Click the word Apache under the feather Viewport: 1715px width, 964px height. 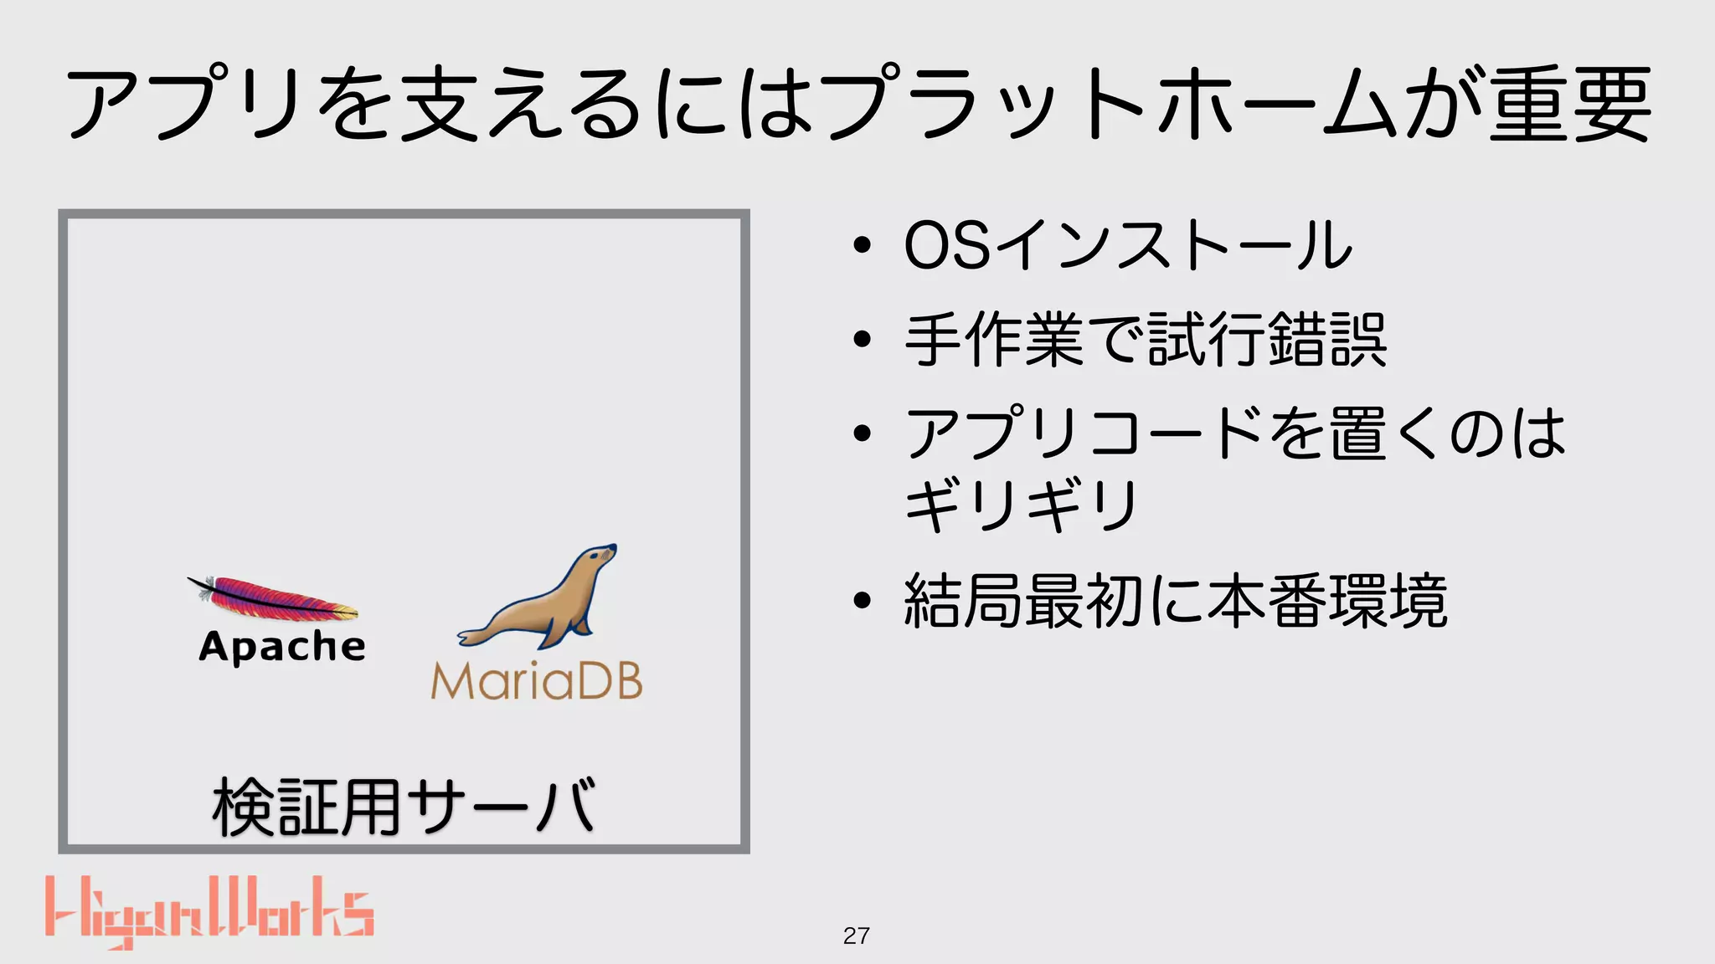point(282,647)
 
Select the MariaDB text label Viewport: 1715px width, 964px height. point(537,681)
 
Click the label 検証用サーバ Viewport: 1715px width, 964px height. point(404,807)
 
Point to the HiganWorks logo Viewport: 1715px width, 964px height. point(209,912)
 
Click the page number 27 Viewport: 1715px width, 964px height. point(856,936)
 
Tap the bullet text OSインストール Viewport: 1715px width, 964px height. point(1128,245)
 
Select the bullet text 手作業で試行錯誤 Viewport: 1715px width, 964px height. point(1146,340)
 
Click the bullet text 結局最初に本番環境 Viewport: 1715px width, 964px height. point(1176,601)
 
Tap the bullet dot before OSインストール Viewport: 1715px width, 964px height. point(862,246)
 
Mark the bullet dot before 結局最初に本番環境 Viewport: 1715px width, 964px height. point(862,601)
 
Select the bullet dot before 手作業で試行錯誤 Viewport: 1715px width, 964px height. point(862,340)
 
